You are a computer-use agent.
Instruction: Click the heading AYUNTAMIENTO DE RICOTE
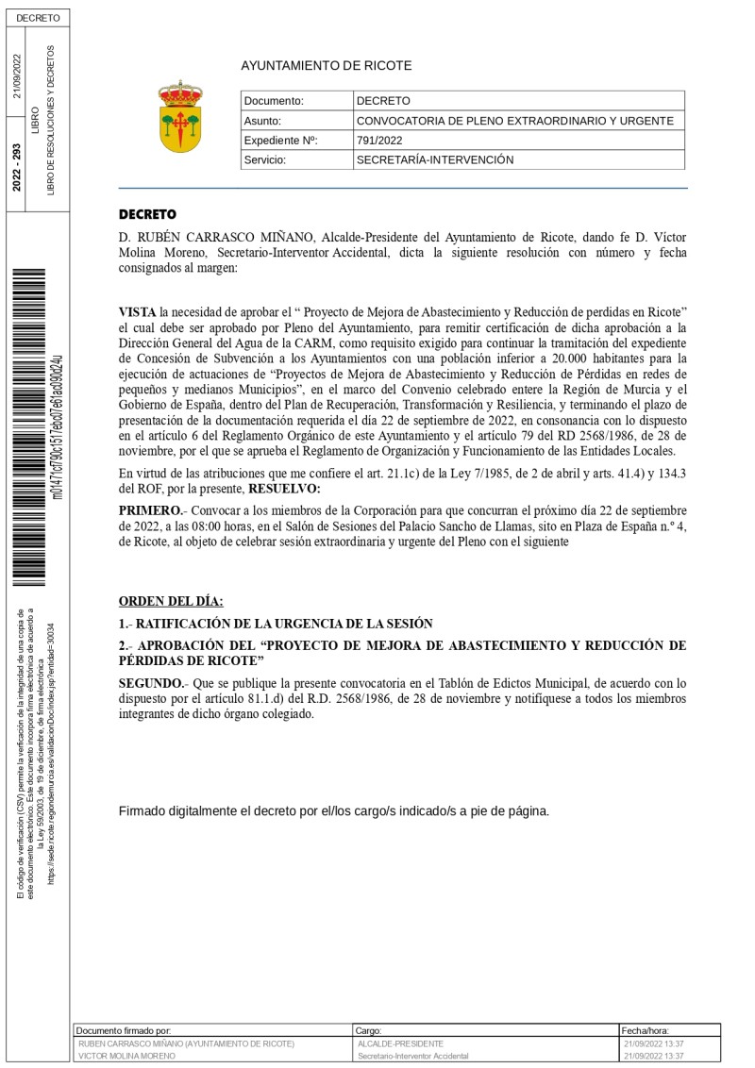click(x=326, y=66)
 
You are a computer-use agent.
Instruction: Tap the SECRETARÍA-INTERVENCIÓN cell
click(x=434, y=160)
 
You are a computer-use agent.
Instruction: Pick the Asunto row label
click(x=262, y=121)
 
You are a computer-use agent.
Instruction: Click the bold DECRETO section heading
click(x=147, y=215)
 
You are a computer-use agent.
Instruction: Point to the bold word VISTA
click(x=138, y=311)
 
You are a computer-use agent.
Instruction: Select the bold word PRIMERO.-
click(x=150, y=510)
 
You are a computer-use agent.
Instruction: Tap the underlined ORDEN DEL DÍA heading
click(x=171, y=601)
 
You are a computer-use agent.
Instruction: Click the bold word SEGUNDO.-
click(x=151, y=682)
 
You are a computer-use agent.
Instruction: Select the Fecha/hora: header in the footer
click(x=645, y=1031)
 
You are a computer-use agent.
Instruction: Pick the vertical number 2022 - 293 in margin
click(x=16, y=168)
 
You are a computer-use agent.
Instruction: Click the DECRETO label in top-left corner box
click(x=38, y=18)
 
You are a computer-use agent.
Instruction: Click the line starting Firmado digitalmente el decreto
click(x=333, y=811)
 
